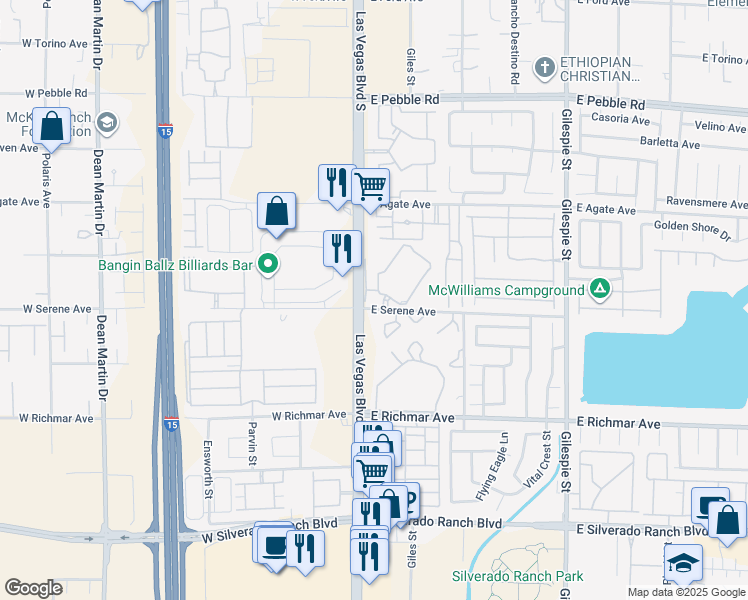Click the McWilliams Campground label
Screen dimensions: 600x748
click(x=506, y=290)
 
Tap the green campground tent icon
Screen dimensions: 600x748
click(x=599, y=289)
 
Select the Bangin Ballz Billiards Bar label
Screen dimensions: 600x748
click(x=174, y=265)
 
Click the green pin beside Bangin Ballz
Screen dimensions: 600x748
click(x=267, y=265)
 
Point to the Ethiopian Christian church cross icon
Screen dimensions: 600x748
click(x=544, y=68)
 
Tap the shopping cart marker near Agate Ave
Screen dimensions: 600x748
click(x=370, y=185)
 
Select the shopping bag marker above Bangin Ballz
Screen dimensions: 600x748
click(x=277, y=211)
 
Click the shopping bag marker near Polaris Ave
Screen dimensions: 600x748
click(x=52, y=126)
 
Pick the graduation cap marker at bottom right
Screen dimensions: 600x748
click(x=684, y=563)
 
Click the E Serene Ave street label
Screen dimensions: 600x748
click(x=404, y=311)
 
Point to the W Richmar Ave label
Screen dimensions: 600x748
click(x=309, y=414)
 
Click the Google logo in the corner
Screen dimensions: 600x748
click(x=33, y=588)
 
